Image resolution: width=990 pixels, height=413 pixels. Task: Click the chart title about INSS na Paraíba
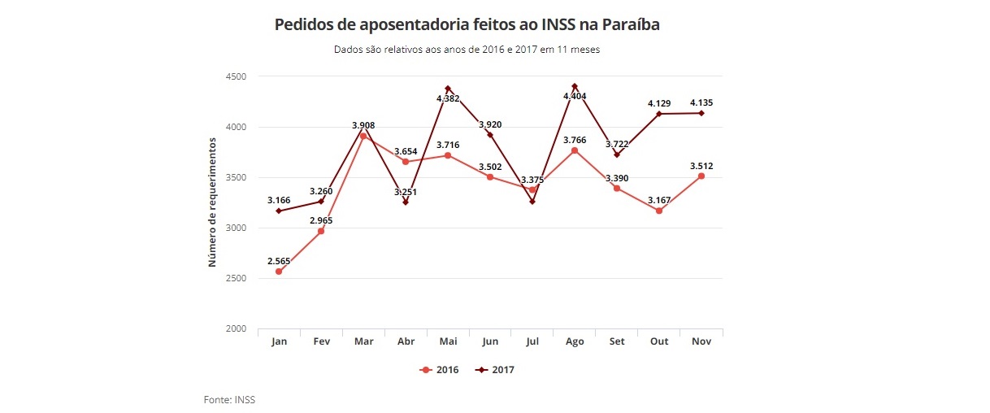(467, 25)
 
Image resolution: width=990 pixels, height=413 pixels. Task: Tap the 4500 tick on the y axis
(236, 76)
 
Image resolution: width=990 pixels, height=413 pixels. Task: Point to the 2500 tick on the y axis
(236, 278)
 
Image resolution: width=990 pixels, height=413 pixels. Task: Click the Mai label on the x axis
(448, 341)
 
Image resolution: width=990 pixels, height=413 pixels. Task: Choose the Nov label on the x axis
(701, 341)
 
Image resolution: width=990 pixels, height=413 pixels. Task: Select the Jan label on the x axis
(279, 341)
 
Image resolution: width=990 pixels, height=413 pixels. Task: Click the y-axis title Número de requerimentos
(212, 202)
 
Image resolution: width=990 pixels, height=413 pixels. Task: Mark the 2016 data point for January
(279, 272)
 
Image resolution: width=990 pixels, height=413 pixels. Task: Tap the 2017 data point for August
(575, 86)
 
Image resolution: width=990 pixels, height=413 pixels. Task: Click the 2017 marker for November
(701, 113)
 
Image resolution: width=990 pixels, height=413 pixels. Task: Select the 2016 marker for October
(659, 211)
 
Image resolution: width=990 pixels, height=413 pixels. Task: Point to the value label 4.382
(448, 98)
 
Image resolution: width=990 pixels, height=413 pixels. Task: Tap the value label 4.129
(659, 103)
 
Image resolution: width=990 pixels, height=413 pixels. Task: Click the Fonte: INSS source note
(229, 399)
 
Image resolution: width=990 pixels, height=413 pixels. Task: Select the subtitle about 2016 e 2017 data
(467, 50)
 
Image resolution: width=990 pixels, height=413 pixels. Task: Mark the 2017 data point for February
(321, 202)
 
